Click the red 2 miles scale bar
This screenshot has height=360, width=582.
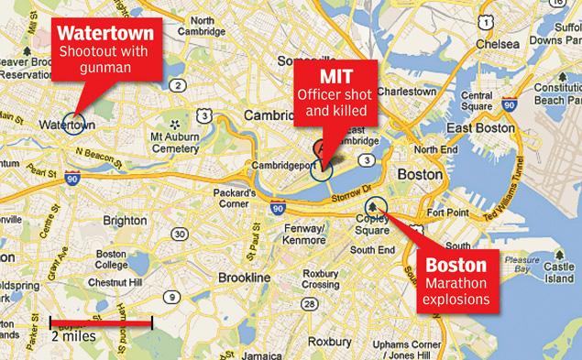click(100, 323)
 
